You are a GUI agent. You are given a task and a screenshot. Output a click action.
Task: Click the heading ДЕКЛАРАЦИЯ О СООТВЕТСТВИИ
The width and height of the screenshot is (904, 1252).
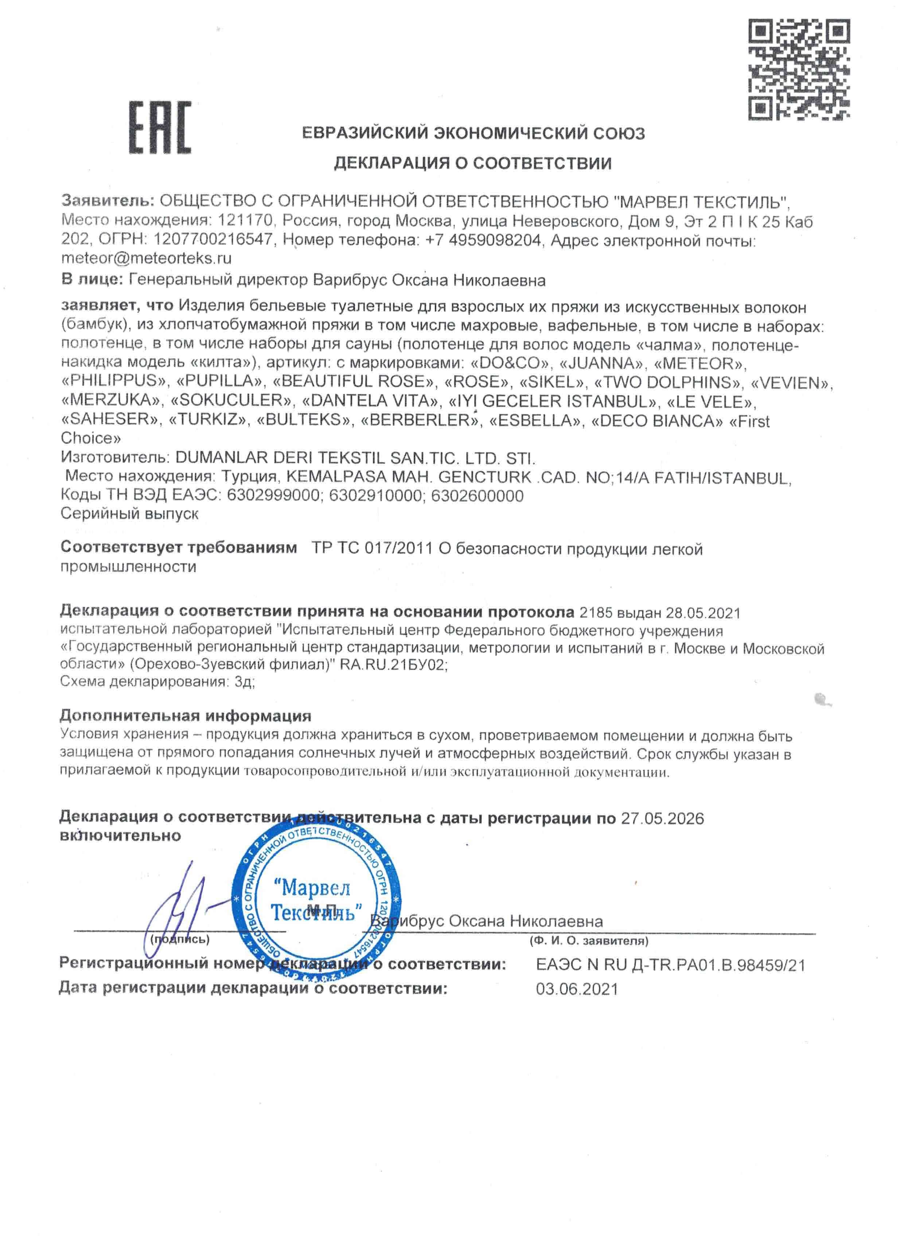(x=473, y=163)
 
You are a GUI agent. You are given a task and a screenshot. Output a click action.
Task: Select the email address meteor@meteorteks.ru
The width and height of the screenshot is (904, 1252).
(x=146, y=258)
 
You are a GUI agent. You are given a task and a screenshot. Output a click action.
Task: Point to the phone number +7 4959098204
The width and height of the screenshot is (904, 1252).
(x=483, y=240)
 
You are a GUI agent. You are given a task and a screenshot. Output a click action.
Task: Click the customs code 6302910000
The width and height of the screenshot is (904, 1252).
(x=375, y=496)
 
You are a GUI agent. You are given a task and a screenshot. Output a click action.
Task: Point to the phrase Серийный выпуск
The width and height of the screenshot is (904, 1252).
(x=130, y=513)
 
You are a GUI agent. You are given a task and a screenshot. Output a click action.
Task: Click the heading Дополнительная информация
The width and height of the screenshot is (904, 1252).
(x=186, y=716)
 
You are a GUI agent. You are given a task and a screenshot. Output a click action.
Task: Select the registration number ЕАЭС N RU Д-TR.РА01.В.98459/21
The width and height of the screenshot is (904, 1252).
(x=670, y=965)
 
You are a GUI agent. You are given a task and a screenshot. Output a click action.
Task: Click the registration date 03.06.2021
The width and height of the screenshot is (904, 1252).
(x=577, y=989)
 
